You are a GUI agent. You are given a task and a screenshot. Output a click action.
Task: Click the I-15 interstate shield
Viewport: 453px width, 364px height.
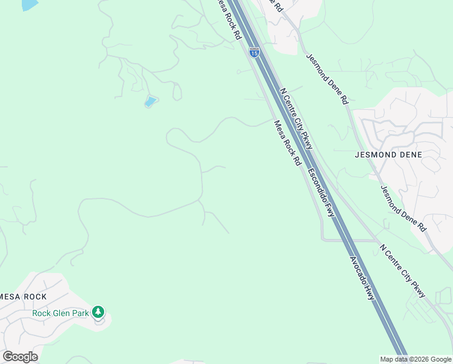tap(253, 53)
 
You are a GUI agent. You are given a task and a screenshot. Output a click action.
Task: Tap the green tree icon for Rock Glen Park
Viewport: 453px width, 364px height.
tap(98, 312)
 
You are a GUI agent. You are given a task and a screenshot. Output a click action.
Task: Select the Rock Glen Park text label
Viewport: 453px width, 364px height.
tap(61, 313)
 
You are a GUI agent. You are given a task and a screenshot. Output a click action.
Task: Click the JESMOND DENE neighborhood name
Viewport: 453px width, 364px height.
tap(388, 155)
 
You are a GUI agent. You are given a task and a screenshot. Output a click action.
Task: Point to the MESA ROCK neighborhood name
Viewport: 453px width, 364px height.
tap(24, 297)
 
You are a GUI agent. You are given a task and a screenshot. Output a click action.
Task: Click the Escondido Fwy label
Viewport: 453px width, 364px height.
tap(321, 192)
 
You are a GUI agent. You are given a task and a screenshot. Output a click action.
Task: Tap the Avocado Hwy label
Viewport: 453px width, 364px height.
tap(362, 278)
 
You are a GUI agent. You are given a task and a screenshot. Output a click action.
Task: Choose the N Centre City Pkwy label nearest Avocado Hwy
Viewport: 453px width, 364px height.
tap(403, 271)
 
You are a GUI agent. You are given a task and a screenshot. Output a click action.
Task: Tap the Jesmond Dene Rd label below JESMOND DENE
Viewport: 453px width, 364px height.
tap(403, 207)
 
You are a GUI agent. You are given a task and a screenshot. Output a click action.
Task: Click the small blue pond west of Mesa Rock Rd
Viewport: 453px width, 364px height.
tap(150, 101)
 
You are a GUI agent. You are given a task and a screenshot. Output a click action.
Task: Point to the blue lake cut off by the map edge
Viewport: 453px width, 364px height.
tap(28, 4)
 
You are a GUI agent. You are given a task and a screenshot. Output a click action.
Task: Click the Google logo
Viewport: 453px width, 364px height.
tap(20, 357)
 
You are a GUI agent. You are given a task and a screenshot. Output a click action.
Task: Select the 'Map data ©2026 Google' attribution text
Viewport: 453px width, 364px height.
tap(415, 359)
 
